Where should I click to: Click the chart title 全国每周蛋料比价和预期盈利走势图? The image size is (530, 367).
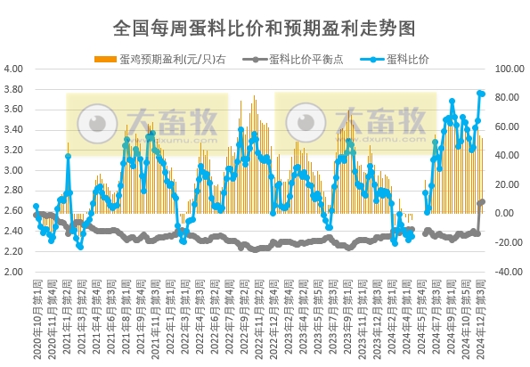point(265,28)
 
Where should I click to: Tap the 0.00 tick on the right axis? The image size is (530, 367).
point(503,214)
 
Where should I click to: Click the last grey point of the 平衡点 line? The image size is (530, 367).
point(483,201)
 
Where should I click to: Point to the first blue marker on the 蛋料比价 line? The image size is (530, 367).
point(36,207)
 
